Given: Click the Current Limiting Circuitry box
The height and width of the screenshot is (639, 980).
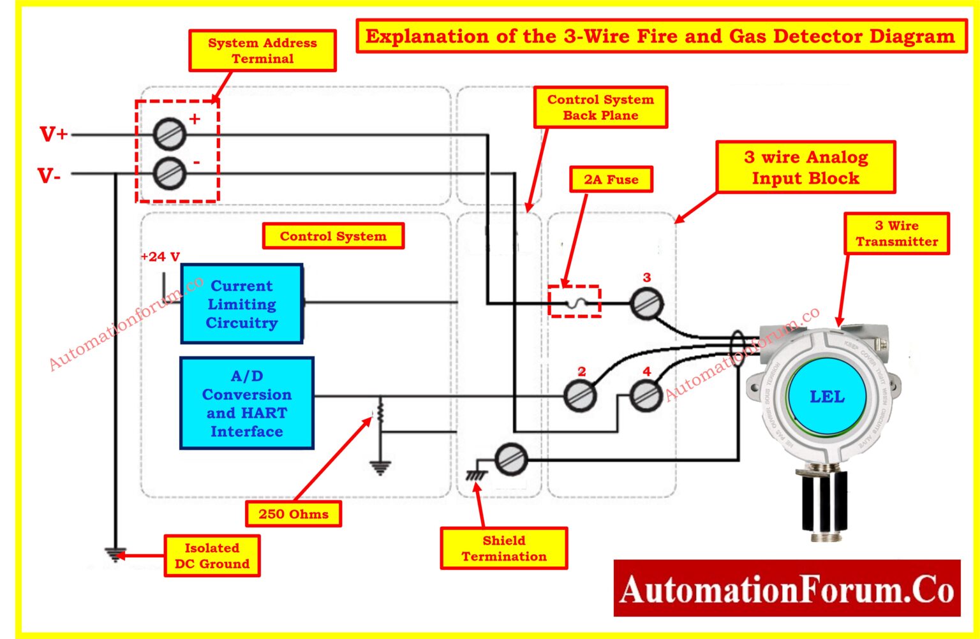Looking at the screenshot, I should pyautogui.click(x=242, y=304).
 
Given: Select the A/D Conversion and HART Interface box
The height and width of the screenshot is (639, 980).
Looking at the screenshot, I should pyautogui.click(x=247, y=403).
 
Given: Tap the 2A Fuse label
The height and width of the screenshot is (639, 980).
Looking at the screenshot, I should pyautogui.click(x=611, y=180).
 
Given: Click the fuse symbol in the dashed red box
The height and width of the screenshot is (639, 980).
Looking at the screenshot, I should pyautogui.click(x=575, y=302).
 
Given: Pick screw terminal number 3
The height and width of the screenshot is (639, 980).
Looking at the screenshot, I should pyautogui.click(x=646, y=304).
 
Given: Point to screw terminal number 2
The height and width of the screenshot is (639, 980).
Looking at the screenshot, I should pyautogui.click(x=580, y=395).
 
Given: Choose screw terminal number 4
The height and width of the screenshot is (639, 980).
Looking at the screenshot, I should pyautogui.click(x=646, y=395).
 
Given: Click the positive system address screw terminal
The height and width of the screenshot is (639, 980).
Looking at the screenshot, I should pyautogui.click(x=170, y=135).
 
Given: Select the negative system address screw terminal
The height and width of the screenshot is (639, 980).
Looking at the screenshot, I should pyautogui.click(x=170, y=173).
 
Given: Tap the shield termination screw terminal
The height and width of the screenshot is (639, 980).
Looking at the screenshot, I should pyautogui.click(x=511, y=459).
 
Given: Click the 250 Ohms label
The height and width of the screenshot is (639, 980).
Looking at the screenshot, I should pyautogui.click(x=293, y=514).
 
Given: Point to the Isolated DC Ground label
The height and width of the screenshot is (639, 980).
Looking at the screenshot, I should pyautogui.click(x=212, y=556).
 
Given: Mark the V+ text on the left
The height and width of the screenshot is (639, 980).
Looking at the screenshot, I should pyautogui.click(x=54, y=135).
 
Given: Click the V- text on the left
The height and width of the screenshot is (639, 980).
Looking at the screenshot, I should pyautogui.click(x=50, y=175).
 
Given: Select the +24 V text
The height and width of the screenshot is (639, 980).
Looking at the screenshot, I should pyautogui.click(x=160, y=256).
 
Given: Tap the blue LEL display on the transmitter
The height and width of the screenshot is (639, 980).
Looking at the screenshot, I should pyautogui.click(x=827, y=397).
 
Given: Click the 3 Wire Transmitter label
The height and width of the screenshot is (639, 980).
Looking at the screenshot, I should pyautogui.click(x=896, y=233).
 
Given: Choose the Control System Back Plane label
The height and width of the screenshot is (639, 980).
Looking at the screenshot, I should pyautogui.click(x=600, y=108).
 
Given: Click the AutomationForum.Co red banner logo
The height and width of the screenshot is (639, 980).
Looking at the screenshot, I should pyautogui.click(x=787, y=589).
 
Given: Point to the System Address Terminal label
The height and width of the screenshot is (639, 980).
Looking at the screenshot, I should pyautogui.click(x=262, y=50).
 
